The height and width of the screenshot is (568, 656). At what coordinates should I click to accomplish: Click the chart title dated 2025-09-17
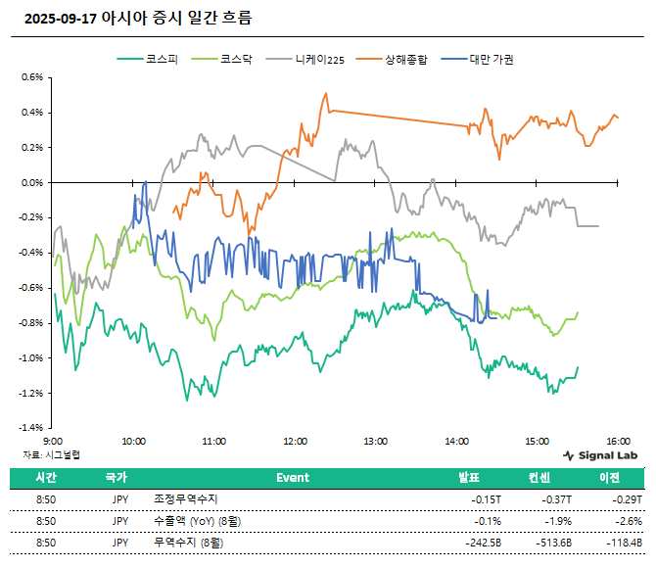[x=136, y=18]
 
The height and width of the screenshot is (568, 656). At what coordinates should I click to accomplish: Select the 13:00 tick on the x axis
[x=375, y=442]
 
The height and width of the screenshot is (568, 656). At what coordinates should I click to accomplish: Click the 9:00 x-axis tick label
[x=54, y=442]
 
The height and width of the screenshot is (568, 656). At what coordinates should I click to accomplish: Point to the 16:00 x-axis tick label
[x=617, y=442]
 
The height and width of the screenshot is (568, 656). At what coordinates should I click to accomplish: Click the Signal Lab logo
[x=601, y=455]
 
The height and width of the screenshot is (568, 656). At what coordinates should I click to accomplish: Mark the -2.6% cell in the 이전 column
[x=628, y=521]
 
